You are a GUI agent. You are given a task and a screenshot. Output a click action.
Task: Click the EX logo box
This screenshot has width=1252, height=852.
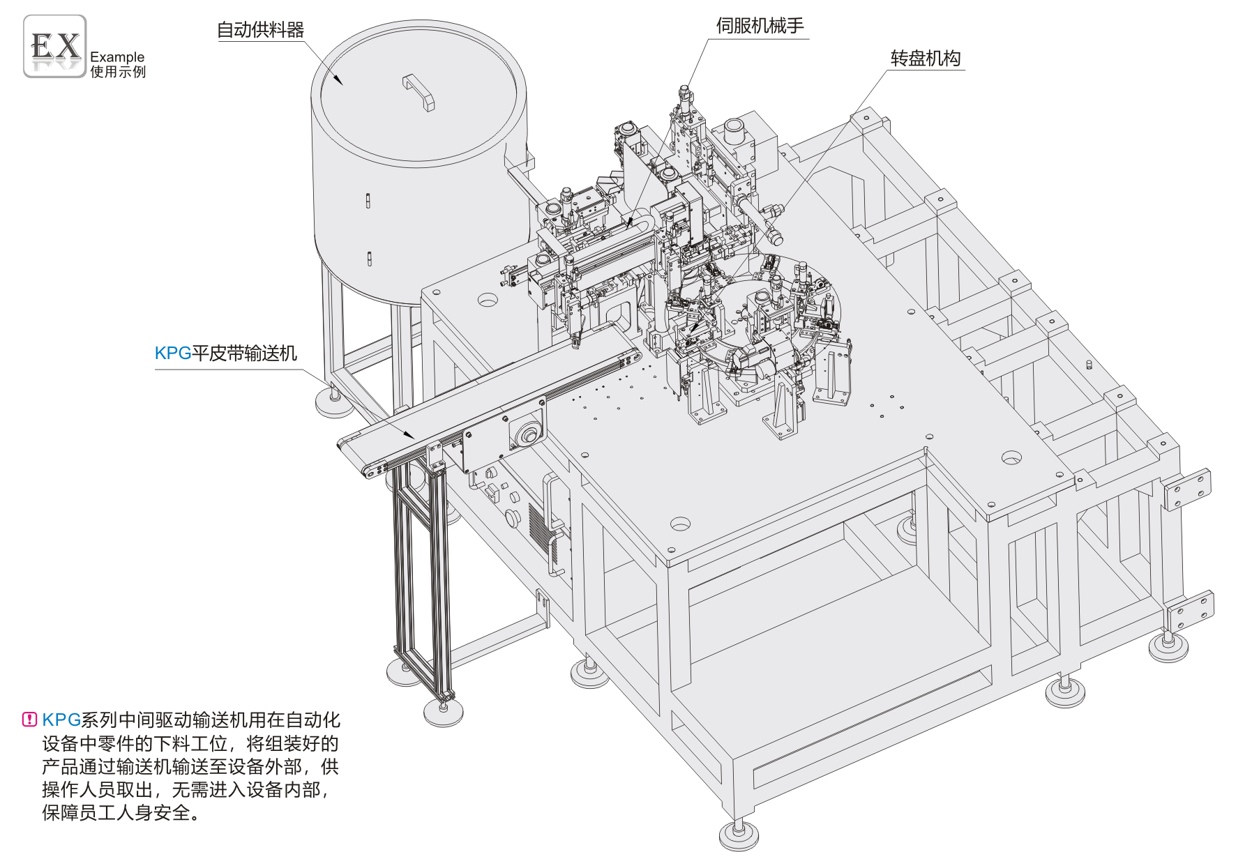[55, 46]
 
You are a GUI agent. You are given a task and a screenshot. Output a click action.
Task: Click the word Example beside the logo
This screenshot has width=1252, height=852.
[117, 57]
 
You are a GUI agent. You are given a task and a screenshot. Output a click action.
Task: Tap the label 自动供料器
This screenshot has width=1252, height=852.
[260, 30]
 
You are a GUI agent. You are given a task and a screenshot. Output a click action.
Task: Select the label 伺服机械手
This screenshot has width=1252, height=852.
[760, 26]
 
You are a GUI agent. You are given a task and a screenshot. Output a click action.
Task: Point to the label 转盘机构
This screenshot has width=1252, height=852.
[926, 59]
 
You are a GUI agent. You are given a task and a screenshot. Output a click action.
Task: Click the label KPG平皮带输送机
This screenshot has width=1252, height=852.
[226, 353]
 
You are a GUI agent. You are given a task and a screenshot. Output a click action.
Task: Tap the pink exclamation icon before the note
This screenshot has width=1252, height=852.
[29, 720]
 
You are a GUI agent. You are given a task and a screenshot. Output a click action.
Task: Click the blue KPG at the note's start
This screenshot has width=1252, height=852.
[61, 720]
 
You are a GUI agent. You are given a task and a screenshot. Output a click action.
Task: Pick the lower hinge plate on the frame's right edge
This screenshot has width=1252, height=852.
[1191, 611]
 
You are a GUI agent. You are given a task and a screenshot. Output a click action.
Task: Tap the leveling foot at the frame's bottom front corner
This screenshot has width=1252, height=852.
[738, 833]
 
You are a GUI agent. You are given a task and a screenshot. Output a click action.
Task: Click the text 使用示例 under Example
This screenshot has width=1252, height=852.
[118, 72]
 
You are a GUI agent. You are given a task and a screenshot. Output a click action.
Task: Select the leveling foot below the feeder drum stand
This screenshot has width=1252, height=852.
[334, 403]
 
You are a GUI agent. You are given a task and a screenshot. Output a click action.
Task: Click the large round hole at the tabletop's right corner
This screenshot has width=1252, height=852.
[1011, 458]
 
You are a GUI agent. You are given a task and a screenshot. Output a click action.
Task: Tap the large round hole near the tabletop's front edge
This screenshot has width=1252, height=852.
[680, 524]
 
